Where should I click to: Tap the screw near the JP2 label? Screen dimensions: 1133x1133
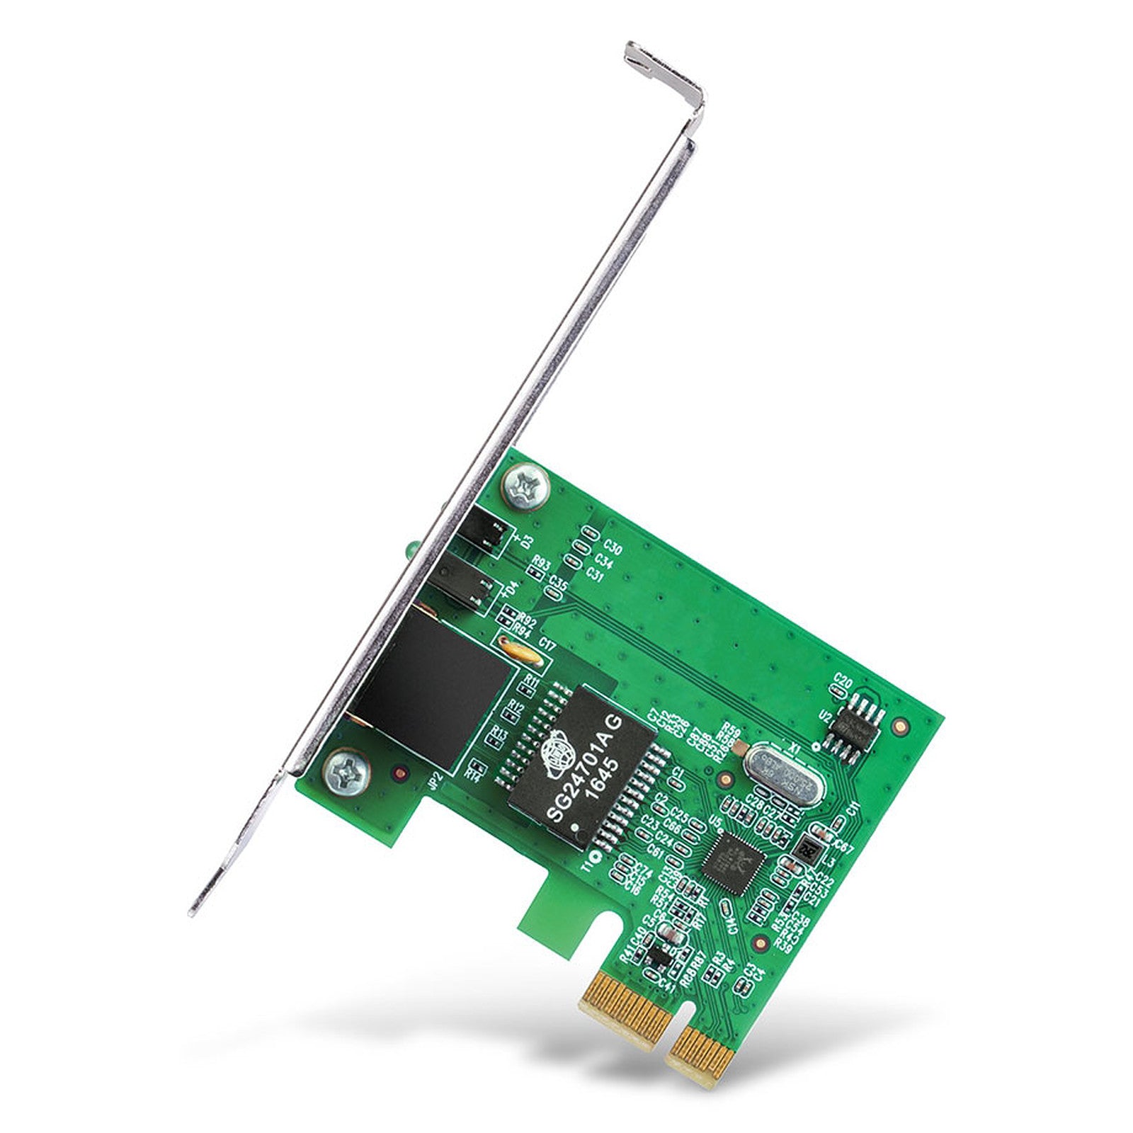(347, 771)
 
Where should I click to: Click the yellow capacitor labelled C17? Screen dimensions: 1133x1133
(520, 653)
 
